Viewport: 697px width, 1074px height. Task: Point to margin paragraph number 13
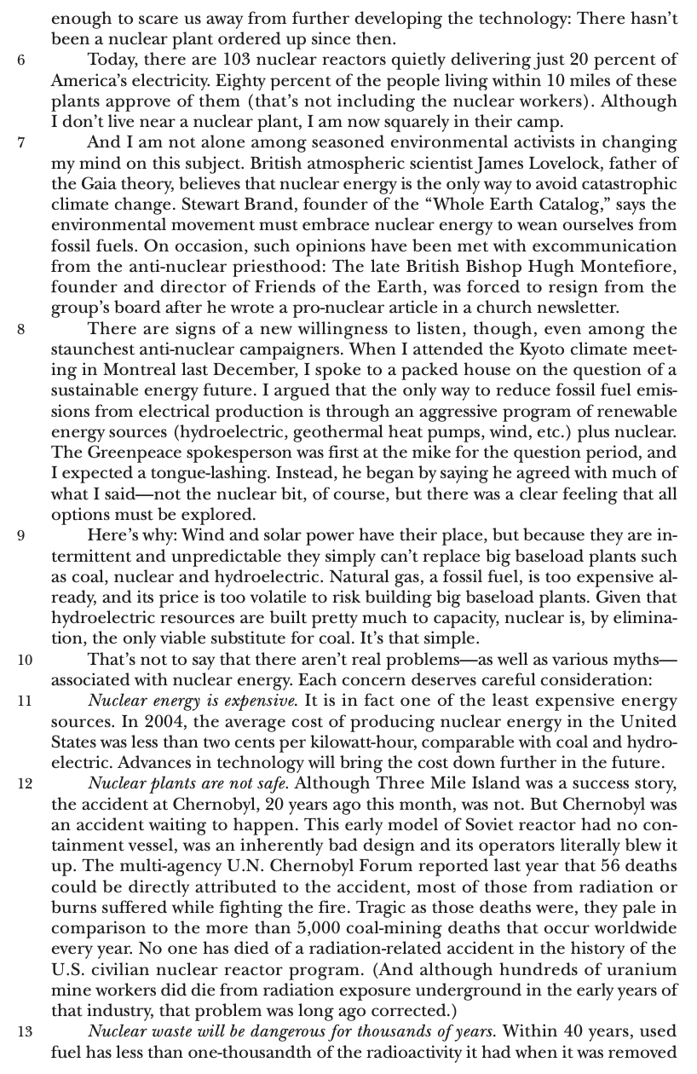click(x=24, y=1032)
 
